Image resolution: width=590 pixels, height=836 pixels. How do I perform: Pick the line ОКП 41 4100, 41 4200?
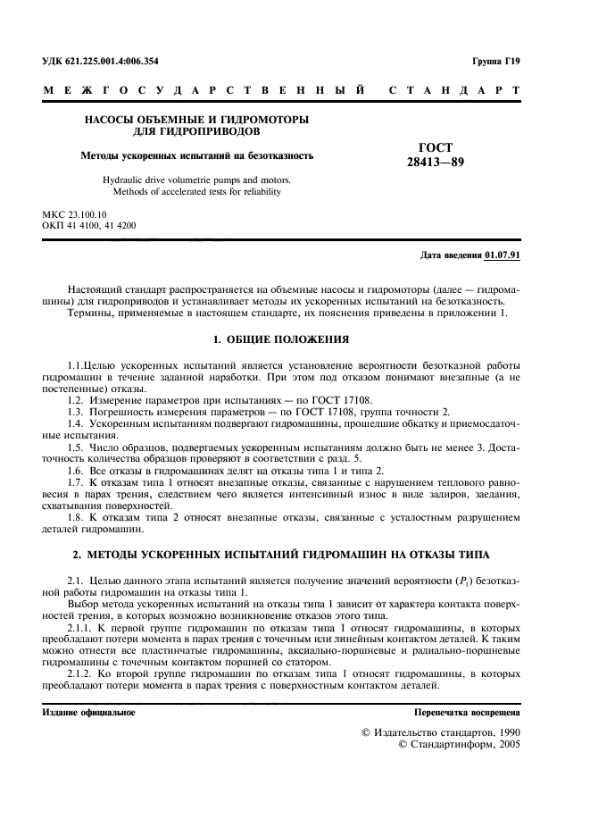pyautogui.click(x=90, y=227)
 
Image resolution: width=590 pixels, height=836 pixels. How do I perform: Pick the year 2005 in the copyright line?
pyautogui.click(x=505, y=744)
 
